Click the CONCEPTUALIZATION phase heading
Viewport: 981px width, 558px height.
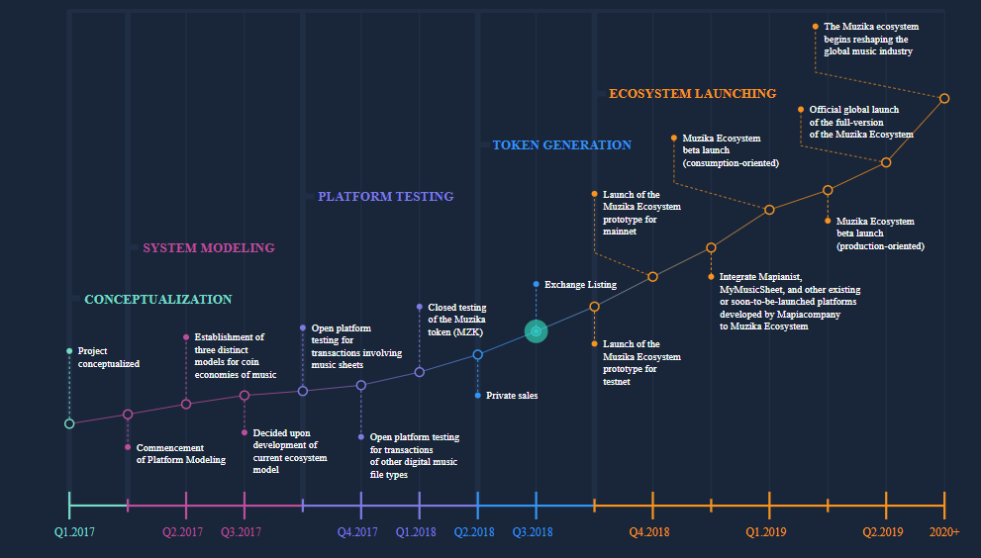(158, 300)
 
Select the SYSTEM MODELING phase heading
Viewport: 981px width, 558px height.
(209, 248)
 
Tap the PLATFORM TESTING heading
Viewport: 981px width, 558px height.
(385, 197)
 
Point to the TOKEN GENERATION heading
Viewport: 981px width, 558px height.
(562, 145)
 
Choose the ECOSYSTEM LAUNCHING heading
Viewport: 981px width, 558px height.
(693, 94)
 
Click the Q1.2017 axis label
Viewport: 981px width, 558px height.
(74, 532)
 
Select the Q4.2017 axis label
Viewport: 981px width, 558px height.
(357, 532)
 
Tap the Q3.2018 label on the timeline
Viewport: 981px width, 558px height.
(533, 532)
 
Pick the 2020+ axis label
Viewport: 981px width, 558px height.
(944, 532)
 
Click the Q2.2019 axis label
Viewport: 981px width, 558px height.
(883, 532)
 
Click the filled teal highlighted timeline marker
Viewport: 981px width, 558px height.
(537, 331)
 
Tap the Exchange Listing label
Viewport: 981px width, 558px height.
(580, 285)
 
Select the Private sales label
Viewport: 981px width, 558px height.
(512, 396)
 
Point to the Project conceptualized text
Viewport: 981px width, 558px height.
(109, 357)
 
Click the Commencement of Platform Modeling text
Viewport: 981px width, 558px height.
(181, 453)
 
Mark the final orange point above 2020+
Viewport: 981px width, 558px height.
(944, 98)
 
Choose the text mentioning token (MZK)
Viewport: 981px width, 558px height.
(456, 320)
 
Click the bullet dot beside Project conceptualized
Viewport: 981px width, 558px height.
(69, 351)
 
